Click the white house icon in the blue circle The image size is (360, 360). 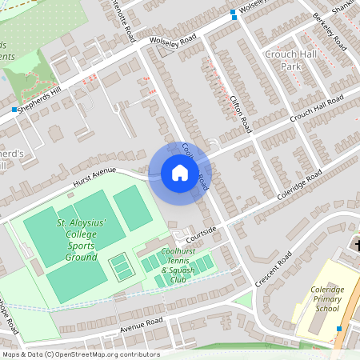pyautogui.click(x=179, y=173)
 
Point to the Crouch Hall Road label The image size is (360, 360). pyautogui.click(x=316, y=107)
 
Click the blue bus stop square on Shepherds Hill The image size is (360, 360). pyautogui.click(x=14, y=109)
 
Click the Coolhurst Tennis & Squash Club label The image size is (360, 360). pyautogui.click(x=178, y=265)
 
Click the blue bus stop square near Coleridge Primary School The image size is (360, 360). pyautogui.click(x=338, y=328)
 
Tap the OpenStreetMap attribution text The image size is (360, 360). pyautogui.click(x=80, y=354)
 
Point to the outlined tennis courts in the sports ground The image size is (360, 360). pyautogui.click(x=122, y=267)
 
